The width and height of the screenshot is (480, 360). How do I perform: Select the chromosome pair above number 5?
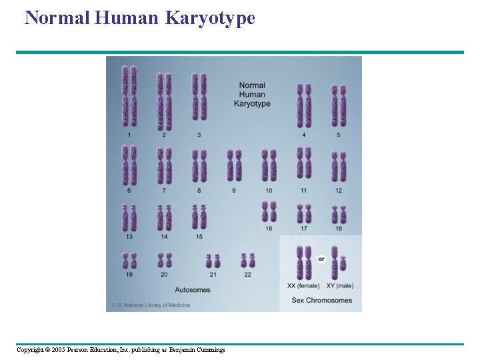coord(339,105)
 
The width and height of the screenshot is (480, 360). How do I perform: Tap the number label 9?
coord(234,191)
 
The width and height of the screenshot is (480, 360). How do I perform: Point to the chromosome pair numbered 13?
coord(129,218)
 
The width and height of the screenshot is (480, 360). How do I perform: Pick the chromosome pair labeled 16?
coord(269,212)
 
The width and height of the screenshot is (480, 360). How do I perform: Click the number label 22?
coord(247,275)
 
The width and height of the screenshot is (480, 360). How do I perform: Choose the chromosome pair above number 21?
coord(213,261)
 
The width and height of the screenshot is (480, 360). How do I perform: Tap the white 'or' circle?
coord(321,259)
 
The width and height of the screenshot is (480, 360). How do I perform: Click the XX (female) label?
coord(303,286)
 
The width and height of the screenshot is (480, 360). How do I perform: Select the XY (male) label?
coord(340,286)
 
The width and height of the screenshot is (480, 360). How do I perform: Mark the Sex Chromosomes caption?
coord(321,300)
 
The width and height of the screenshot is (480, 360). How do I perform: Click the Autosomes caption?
coord(193,290)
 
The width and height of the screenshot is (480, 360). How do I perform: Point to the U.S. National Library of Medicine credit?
coord(151,305)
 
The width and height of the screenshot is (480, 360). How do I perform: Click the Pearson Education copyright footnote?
coord(121,350)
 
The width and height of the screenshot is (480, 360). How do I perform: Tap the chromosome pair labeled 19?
coord(129,260)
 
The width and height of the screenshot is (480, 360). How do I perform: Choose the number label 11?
coord(304,191)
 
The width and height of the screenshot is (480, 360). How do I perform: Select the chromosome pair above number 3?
coord(199,96)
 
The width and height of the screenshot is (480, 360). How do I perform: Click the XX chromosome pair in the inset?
coord(304,262)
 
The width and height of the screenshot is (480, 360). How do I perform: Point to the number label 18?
coord(339,229)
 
